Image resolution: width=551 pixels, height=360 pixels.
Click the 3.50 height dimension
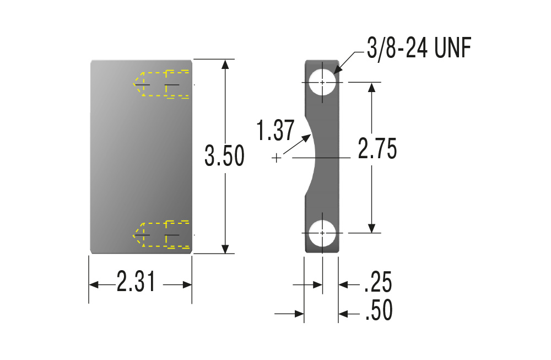coord(225,155)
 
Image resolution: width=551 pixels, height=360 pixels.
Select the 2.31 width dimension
coord(136,281)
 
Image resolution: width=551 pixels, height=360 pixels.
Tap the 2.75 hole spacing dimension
coord(377,148)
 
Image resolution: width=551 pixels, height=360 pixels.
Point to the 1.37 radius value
coord(275,131)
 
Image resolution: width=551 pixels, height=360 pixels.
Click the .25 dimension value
coord(378,282)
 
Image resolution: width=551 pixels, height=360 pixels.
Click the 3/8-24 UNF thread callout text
coord(419,48)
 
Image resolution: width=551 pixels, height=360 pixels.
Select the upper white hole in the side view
coord(322,82)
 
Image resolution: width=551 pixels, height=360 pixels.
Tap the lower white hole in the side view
coord(322,233)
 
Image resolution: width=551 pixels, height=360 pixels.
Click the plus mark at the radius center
coord(277,158)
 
